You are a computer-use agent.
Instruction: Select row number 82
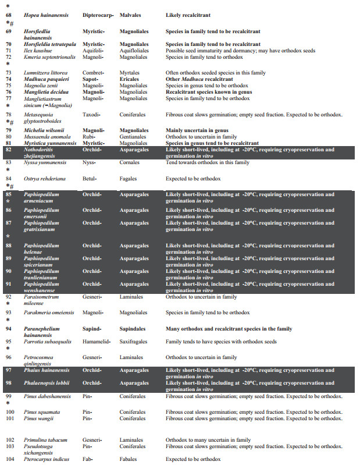click(x=9, y=150)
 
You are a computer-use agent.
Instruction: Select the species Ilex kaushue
click(x=40, y=51)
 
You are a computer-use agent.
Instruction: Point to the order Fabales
click(x=129, y=459)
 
